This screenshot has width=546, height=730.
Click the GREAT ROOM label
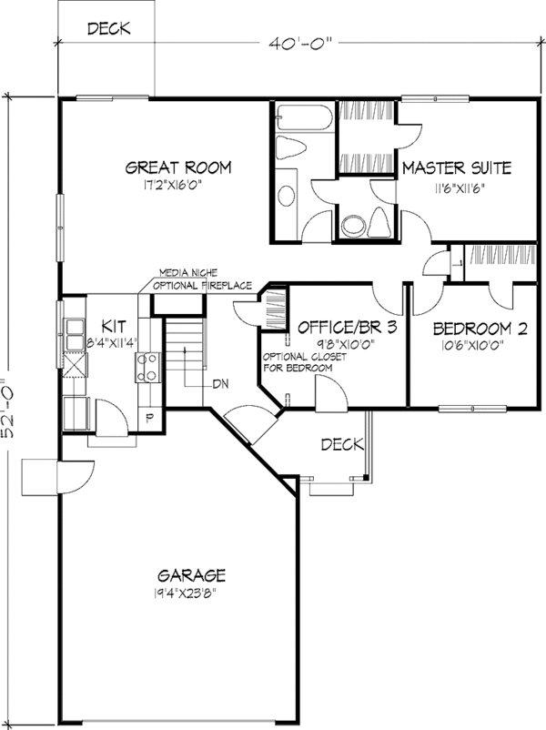click(x=177, y=167)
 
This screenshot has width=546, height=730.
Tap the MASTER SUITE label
click(x=456, y=167)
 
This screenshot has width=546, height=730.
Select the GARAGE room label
click(x=191, y=575)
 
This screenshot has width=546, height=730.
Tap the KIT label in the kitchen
click(x=113, y=326)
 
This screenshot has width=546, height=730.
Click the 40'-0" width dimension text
click(x=298, y=42)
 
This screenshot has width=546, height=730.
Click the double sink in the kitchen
click(x=71, y=338)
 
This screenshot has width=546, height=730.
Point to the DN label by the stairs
click(x=220, y=383)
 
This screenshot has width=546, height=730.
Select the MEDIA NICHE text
click(x=186, y=273)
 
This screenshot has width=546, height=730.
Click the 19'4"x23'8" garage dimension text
click(x=191, y=593)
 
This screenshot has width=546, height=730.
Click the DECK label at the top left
click(x=108, y=29)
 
